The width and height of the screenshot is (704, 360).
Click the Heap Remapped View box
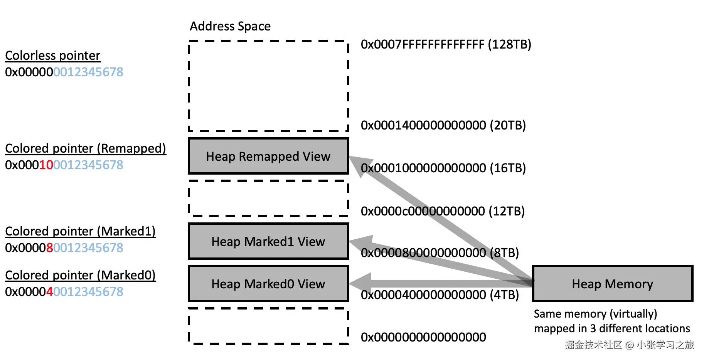(268, 156)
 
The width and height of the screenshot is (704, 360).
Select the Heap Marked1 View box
(268, 241)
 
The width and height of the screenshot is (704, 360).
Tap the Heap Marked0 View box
(268, 284)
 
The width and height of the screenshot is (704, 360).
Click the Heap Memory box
(613, 284)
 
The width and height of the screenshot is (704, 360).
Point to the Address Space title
(230, 26)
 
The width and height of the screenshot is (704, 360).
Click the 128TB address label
(446, 44)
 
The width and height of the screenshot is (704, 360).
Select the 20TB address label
(443, 125)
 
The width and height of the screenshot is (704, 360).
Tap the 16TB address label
(443, 168)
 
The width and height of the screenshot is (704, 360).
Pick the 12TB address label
(443, 211)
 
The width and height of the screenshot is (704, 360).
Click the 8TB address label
(440, 253)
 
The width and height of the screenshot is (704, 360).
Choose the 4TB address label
(440, 295)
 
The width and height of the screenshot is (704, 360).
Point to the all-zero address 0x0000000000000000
(423, 337)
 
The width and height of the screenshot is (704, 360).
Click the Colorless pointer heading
(53, 56)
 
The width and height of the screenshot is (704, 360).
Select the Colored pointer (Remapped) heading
(86, 148)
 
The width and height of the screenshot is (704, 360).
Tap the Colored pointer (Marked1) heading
(81, 231)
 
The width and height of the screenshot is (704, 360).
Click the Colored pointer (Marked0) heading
(81, 275)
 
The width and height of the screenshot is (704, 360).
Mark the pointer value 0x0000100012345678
(64, 165)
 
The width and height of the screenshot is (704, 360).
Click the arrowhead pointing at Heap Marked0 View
(360, 284)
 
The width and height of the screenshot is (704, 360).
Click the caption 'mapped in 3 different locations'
(612, 328)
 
